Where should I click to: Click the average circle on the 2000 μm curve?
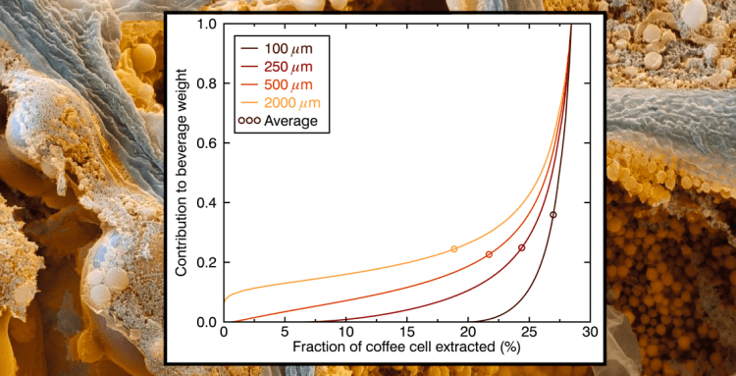453,249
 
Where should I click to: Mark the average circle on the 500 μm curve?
489,254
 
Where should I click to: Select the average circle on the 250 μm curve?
521,247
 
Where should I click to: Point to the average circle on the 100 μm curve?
553,215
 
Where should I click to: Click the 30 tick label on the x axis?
589,334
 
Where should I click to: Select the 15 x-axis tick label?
406,334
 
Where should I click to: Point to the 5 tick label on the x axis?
285,334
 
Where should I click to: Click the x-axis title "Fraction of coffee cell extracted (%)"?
406,349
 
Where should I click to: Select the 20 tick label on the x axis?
467,334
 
